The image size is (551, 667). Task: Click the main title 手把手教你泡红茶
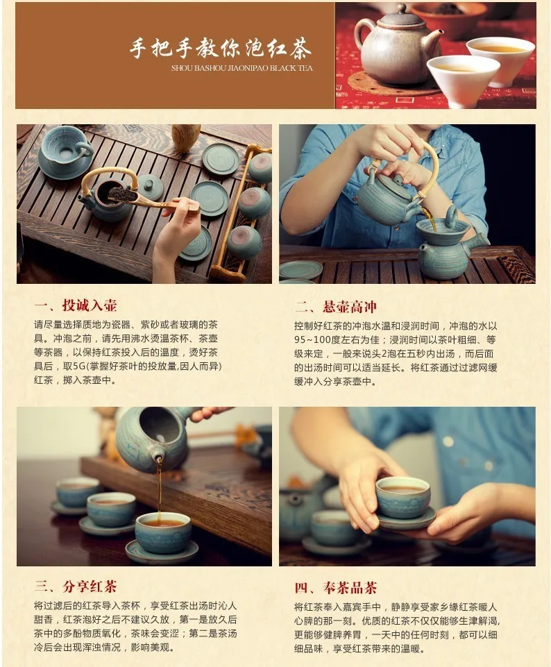[221, 49]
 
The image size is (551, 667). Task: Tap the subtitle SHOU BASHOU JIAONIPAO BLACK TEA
[241, 68]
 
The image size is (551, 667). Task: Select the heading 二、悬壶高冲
[336, 306]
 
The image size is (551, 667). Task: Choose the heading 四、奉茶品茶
[336, 587]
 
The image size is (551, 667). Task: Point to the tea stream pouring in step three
[159, 486]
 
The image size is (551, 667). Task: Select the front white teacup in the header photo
[462, 80]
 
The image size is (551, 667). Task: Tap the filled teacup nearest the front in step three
[162, 531]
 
